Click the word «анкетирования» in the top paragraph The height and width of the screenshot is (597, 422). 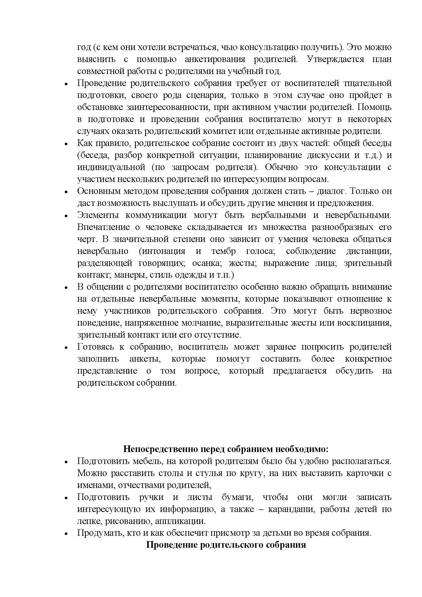click(215, 59)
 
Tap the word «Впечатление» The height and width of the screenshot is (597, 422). click(104, 227)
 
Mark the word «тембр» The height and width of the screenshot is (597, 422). click(224, 251)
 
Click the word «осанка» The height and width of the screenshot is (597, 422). click(207, 263)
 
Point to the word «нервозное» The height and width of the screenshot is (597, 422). click(371, 311)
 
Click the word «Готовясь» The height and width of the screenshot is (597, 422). click(95, 347)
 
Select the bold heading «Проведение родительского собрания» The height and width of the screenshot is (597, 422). click(226, 545)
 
